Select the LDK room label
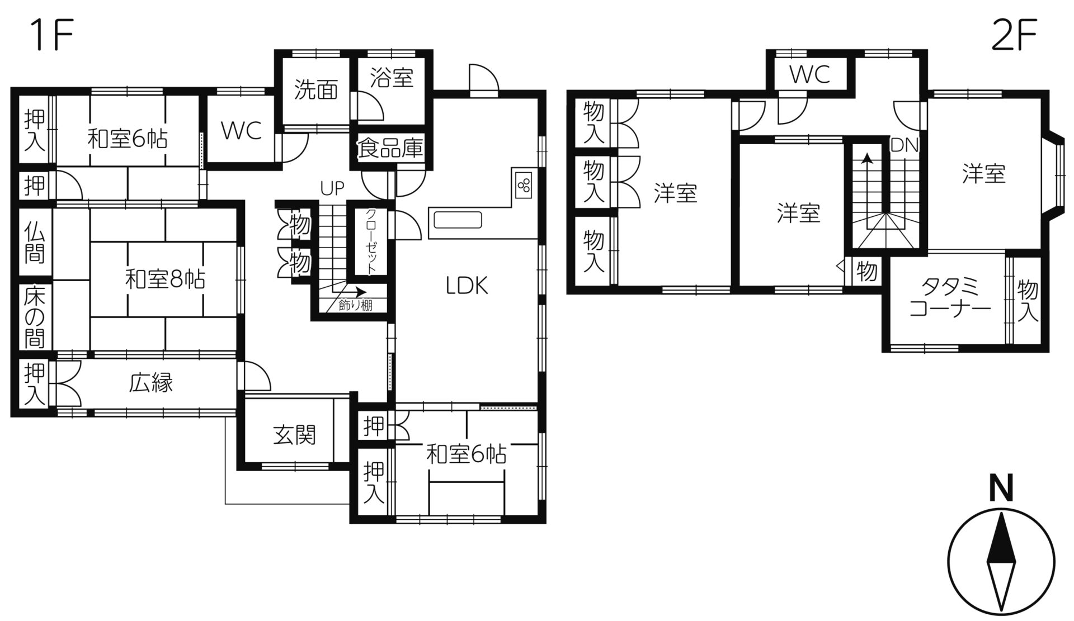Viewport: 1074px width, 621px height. [467, 286]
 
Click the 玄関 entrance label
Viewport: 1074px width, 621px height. [295, 435]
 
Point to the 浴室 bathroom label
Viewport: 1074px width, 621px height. [392, 78]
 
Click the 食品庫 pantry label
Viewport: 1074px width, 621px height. [390, 149]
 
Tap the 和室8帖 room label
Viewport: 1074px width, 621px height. [164, 279]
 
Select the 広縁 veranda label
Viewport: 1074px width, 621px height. [151, 383]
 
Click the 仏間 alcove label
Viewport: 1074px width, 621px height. [35, 244]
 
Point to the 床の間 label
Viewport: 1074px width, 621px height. [35, 317]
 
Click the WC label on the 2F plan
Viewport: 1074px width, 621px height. [810, 74]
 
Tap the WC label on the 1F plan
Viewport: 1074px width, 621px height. [242, 131]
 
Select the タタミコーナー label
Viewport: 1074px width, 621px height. [950, 298]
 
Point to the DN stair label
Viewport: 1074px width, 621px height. [905, 145]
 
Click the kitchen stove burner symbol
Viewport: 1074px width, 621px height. [525, 186]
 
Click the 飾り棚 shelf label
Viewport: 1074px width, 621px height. [355, 306]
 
